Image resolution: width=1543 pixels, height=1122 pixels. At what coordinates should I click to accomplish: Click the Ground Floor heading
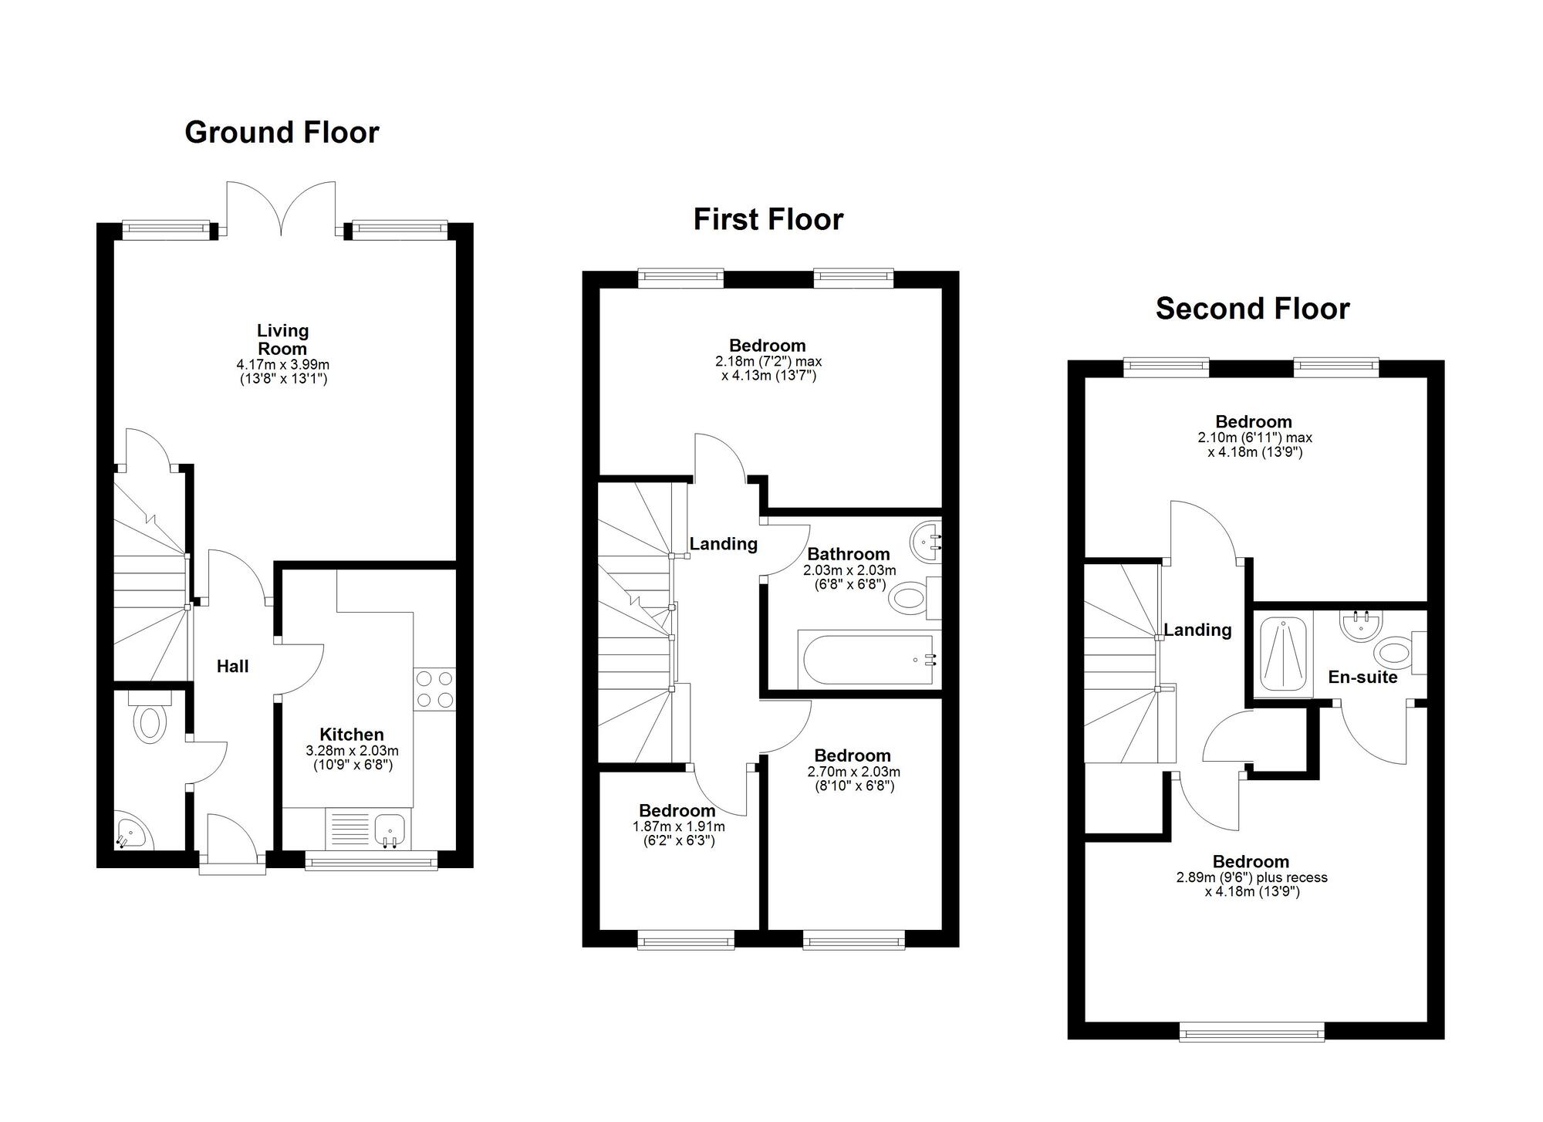coord(282,133)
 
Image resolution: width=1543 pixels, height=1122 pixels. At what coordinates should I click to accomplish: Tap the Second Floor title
coord(1252,309)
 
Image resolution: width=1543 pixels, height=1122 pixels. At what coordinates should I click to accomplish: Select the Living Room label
coord(282,340)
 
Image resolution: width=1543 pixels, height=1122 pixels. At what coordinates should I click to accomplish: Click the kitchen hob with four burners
coord(434,689)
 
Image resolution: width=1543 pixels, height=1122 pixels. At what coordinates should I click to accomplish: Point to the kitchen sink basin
coord(390,830)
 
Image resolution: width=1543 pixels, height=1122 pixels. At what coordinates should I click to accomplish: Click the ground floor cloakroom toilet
coord(150,721)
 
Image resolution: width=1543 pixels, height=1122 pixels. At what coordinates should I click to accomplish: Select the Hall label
coord(232,667)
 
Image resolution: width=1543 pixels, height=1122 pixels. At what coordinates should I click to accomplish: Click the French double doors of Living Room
coord(282,208)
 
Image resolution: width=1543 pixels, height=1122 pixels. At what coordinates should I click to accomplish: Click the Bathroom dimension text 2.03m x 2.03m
coord(849,570)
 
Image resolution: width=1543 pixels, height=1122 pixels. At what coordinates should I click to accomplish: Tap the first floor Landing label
coord(723,544)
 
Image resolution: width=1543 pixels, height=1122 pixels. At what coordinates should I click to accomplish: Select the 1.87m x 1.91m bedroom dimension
coord(679,826)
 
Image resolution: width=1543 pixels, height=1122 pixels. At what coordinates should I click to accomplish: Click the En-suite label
coord(1362,678)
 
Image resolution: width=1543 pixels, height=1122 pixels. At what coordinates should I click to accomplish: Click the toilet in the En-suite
coord(1395,653)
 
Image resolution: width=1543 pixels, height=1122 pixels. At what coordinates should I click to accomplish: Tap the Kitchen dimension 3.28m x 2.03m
coord(352,751)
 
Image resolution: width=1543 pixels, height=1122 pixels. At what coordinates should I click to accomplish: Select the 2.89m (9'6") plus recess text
coord(1251,877)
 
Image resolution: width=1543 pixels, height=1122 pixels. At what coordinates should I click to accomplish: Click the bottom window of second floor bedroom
coord(1251,1031)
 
